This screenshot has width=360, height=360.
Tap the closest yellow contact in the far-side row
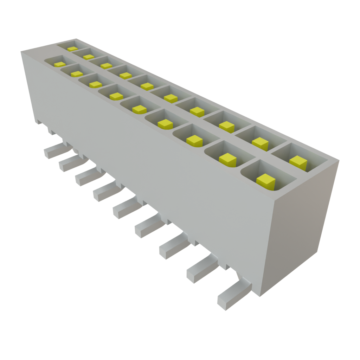(298, 161)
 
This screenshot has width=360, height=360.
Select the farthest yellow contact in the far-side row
(72, 49)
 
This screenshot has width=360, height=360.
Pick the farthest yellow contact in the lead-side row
(60, 64)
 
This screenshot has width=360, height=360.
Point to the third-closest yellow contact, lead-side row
(195, 140)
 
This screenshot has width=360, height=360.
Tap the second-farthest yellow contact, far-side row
(89, 57)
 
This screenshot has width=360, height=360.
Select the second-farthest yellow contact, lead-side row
(76, 74)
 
